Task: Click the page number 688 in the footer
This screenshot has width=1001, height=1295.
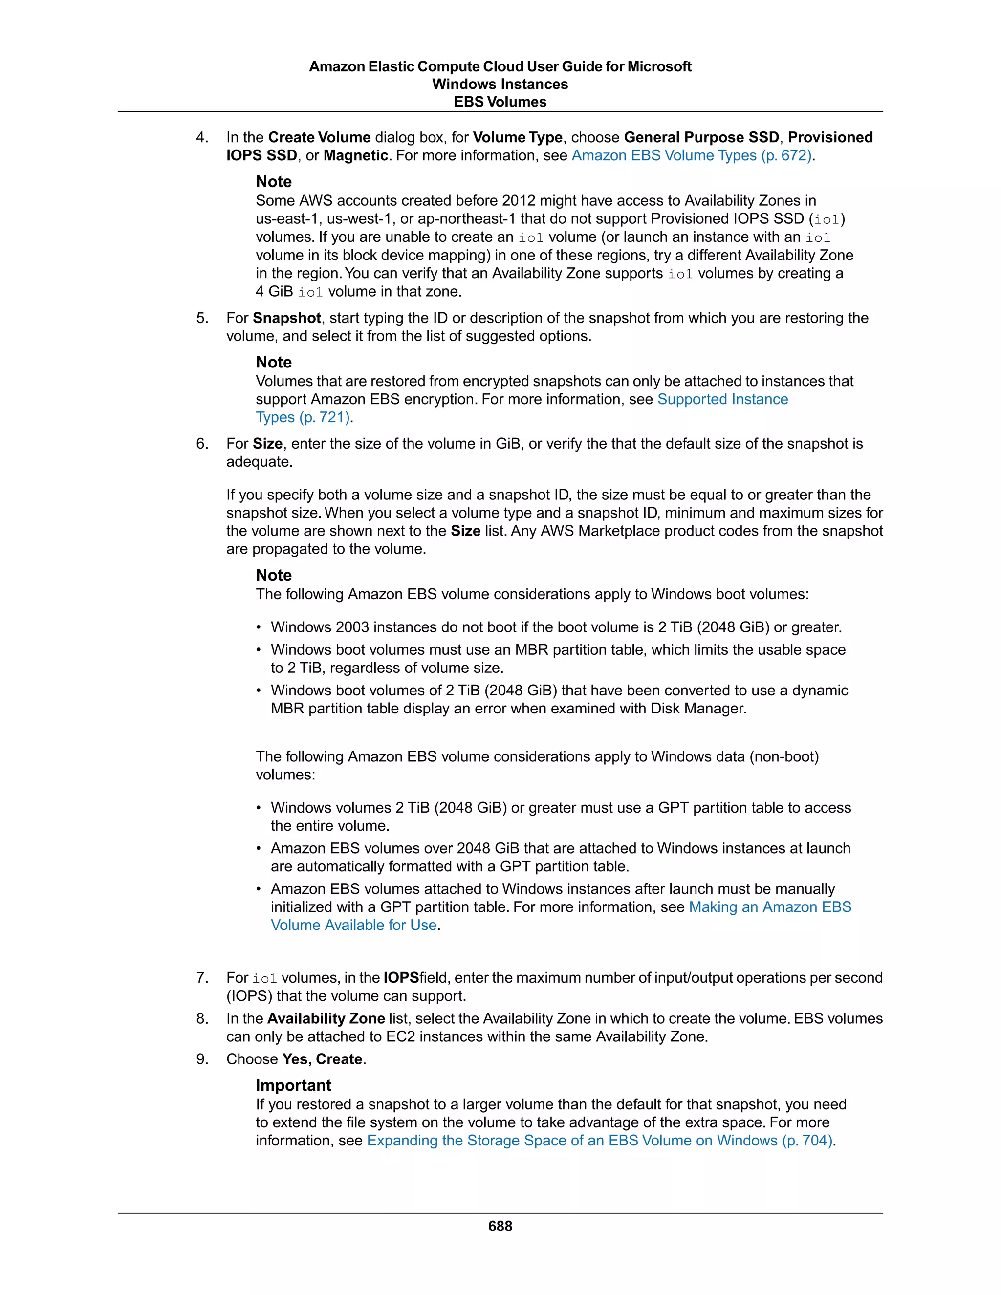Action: pos(500,1226)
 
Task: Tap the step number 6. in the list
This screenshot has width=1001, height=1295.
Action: pos(202,444)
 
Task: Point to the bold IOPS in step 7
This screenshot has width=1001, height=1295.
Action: pos(401,977)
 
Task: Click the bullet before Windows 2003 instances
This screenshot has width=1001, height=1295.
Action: pos(259,627)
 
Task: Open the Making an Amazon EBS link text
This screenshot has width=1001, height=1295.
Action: pos(770,906)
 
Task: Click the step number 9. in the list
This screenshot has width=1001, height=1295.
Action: pos(202,1059)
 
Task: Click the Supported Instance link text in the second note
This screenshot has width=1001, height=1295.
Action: pos(722,399)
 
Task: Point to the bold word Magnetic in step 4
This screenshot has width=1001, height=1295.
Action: pos(355,155)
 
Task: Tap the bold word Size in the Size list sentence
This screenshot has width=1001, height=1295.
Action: pos(465,531)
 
